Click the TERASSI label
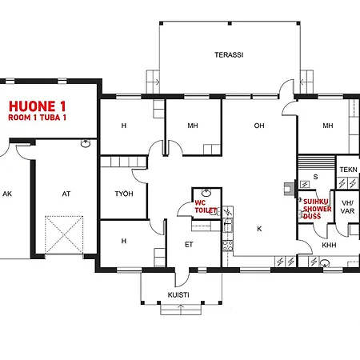click(x=229, y=55)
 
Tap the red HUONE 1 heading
click(x=37, y=106)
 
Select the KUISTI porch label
click(x=178, y=295)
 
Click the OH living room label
click(x=259, y=126)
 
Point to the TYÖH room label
click(x=124, y=194)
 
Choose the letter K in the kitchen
click(x=259, y=229)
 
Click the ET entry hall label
click(x=189, y=245)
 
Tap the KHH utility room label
click(x=329, y=245)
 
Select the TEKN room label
click(x=348, y=170)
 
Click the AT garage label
click(x=66, y=194)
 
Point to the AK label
click(x=7, y=194)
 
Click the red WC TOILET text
click(x=206, y=206)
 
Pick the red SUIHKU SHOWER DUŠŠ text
click(x=317, y=209)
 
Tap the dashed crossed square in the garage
click(x=64, y=234)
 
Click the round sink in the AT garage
click(x=86, y=143)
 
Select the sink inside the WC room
click(x=206, y=192)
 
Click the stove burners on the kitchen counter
click(x=228, y=246)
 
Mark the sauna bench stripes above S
click(x=316, y=162)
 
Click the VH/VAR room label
click(x=348, y=207)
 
